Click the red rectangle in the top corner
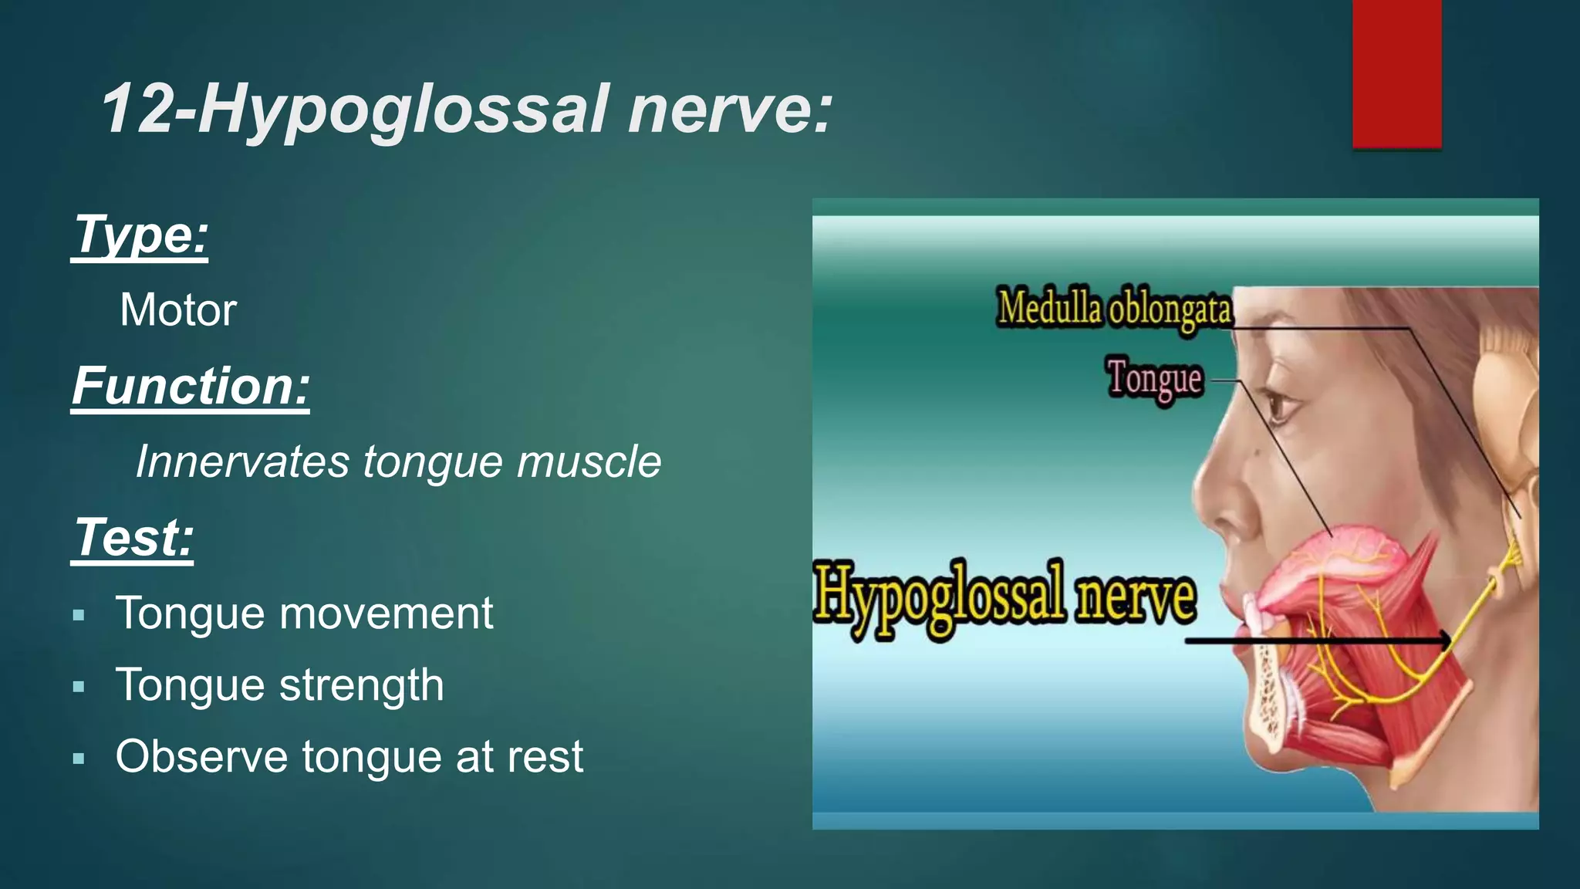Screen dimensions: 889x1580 click(1396, 73)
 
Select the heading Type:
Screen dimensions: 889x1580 click(140, 235)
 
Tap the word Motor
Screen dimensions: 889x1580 click(177, 310)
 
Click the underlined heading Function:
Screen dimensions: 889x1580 click(191, 386)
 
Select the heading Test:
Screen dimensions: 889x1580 click(133, 537)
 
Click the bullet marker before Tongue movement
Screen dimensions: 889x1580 click(78, 615)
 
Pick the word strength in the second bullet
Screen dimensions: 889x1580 click(361, 684)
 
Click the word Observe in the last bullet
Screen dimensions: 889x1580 click(201, 756)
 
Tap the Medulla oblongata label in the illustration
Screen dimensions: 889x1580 click(1114, 309)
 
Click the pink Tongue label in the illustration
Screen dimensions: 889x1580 click(1155, 379)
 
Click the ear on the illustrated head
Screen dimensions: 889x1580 click(1504, 401)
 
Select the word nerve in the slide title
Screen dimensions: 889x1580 click(729, 109)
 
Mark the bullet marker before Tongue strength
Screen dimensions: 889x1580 click(78, 686)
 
